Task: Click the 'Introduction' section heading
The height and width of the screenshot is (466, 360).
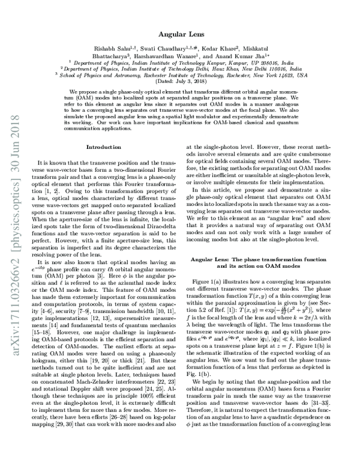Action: (104, 147)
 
